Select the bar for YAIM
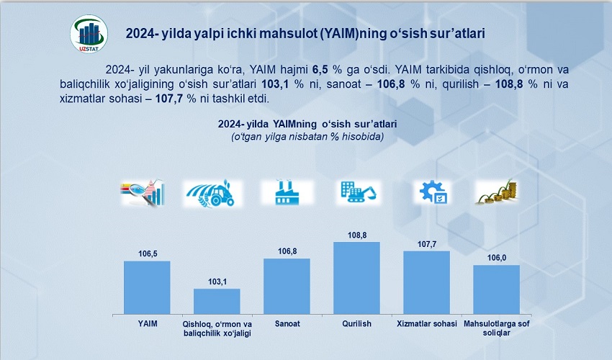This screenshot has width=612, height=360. (147, 287)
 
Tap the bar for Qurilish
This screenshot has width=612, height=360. (356, 278)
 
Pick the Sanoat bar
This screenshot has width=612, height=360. (287, 286)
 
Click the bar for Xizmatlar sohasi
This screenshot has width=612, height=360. (426, 282)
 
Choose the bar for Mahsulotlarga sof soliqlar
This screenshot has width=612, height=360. (496, 289)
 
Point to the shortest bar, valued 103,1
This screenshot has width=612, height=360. (217, 301)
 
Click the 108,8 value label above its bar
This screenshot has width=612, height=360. (356, 235)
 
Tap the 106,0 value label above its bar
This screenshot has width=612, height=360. (496, 258)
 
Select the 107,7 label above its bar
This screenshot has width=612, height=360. (426, 244)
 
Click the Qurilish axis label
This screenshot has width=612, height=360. (356, 324)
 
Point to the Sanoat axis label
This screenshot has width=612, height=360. (287, 324)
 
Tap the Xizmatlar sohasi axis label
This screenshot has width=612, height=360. (426, 324)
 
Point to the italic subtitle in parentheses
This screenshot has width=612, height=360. (307, 136)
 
